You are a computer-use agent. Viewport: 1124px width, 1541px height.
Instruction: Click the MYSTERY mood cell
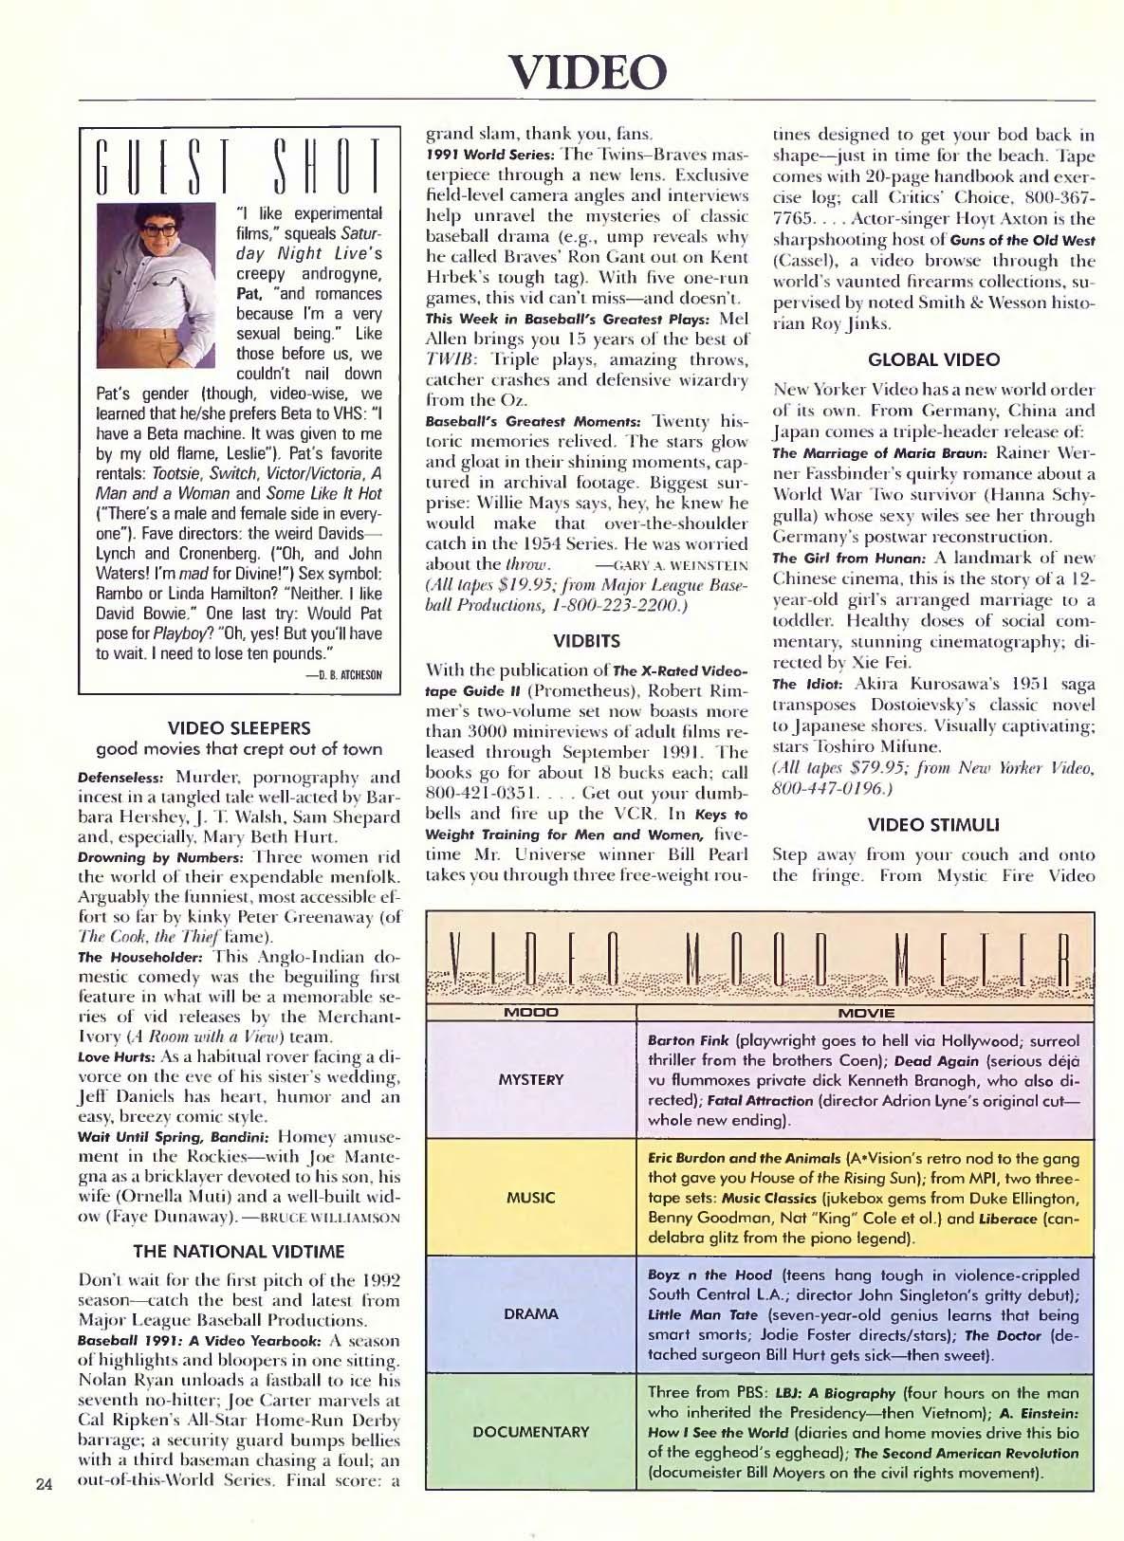point(531,1079)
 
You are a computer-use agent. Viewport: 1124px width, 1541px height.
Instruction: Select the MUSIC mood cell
point(531,1198)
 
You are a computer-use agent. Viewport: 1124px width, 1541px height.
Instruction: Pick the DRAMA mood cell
point(531,1314)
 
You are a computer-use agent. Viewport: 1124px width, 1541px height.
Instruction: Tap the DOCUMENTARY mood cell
point(531,1432)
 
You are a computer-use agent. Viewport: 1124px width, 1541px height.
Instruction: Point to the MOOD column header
point(531,1014)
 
